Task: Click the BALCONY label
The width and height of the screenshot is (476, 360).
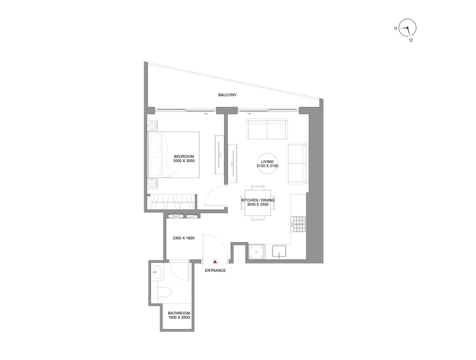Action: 227,95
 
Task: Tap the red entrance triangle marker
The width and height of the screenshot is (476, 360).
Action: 215,262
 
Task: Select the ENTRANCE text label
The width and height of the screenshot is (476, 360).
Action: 215,270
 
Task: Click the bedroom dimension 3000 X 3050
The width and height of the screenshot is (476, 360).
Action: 184,161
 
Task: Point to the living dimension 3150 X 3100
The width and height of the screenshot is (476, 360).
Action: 267,166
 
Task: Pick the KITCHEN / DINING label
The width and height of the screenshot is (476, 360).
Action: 258,200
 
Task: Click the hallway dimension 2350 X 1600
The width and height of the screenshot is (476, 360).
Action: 184,238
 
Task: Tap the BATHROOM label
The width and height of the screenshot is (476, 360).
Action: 179,313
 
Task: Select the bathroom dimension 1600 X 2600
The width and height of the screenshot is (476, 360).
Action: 179,317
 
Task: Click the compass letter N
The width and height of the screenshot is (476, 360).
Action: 396,28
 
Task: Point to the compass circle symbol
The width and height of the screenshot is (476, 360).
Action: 407,27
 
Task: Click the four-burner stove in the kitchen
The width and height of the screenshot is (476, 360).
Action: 298,224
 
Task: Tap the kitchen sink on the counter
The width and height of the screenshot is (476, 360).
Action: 279,252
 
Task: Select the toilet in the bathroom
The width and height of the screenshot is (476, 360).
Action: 165,292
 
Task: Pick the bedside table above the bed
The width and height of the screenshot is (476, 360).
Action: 152,125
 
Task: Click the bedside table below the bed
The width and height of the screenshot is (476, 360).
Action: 152,183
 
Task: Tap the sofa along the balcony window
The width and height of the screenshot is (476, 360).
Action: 267,129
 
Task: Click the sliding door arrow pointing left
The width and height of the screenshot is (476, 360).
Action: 206,114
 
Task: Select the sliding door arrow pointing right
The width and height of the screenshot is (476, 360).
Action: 249,114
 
